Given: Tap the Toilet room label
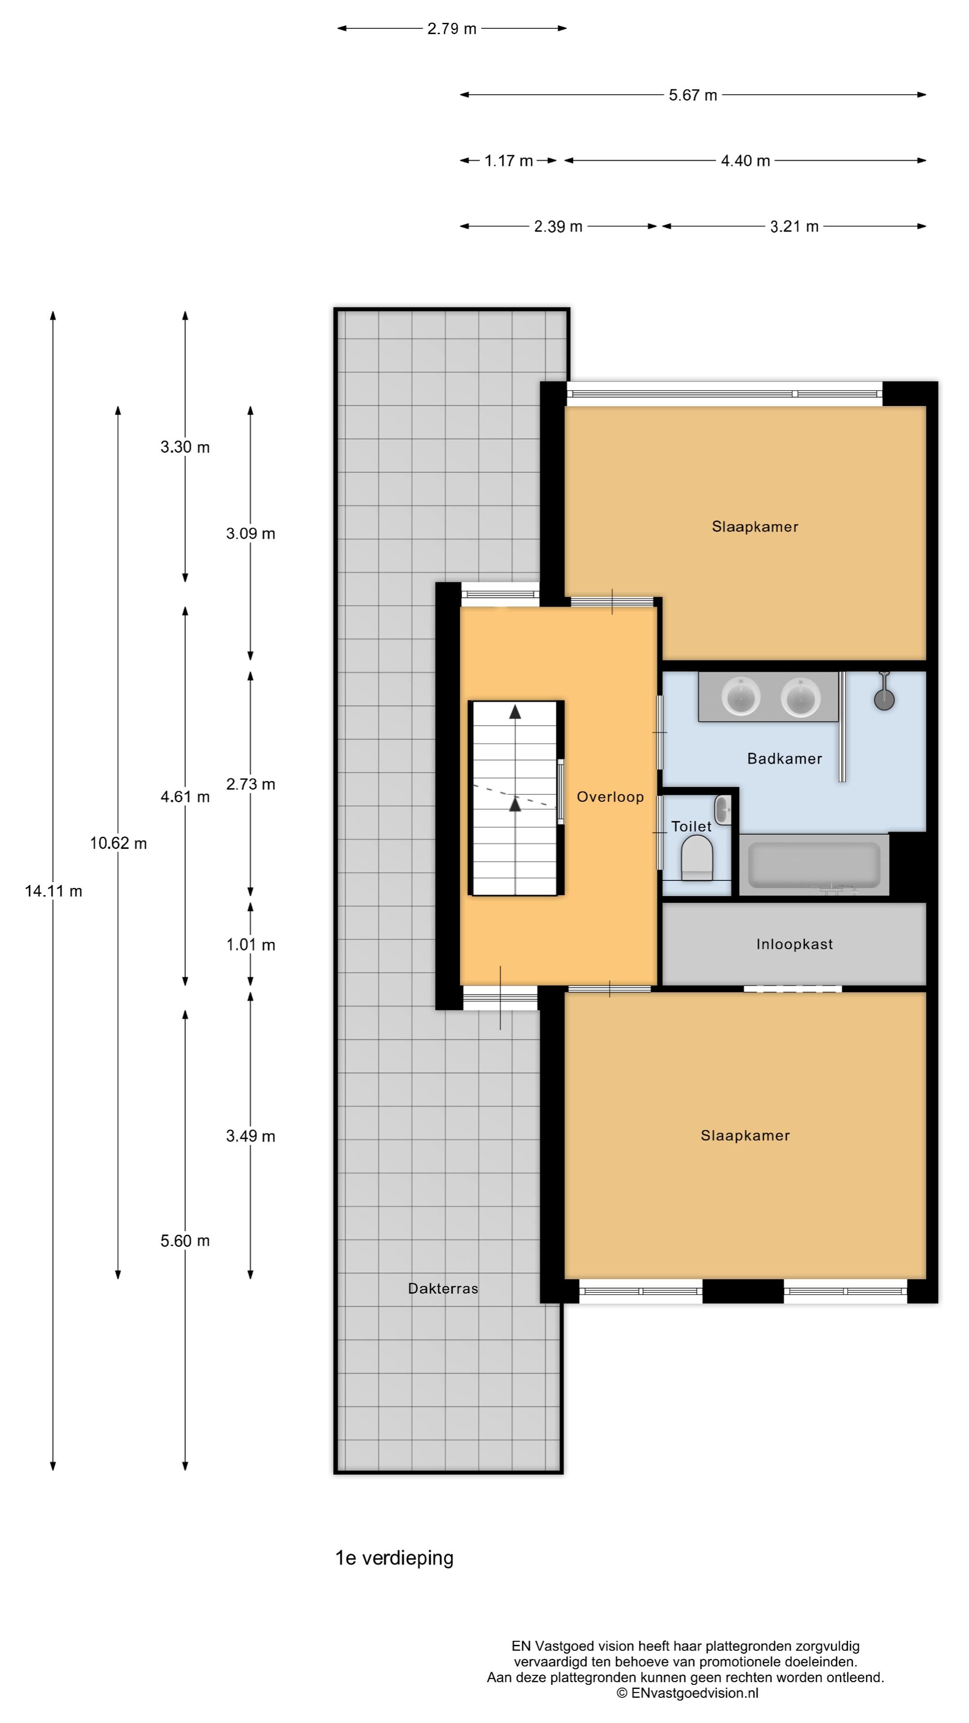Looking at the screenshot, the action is [691, 827].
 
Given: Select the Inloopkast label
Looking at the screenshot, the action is [794, 945].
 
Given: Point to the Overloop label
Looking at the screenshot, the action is [610, 796].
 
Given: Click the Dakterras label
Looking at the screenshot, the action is [443, 1288].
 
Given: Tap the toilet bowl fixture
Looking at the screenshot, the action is [697, 860].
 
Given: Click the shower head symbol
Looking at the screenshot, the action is [884, 698].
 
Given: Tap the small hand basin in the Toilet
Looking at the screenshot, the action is [722, 810].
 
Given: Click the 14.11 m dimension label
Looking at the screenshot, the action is [53, 891].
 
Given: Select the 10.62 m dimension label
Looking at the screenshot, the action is [118, 844].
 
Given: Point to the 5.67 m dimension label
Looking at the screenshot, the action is [693, 95].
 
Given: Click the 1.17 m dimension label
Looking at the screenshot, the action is [508, 161].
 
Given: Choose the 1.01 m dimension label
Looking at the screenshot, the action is [251, 945].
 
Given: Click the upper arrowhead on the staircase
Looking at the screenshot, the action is [515, 712].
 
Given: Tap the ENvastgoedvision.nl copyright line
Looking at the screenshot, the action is [687, 1693].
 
